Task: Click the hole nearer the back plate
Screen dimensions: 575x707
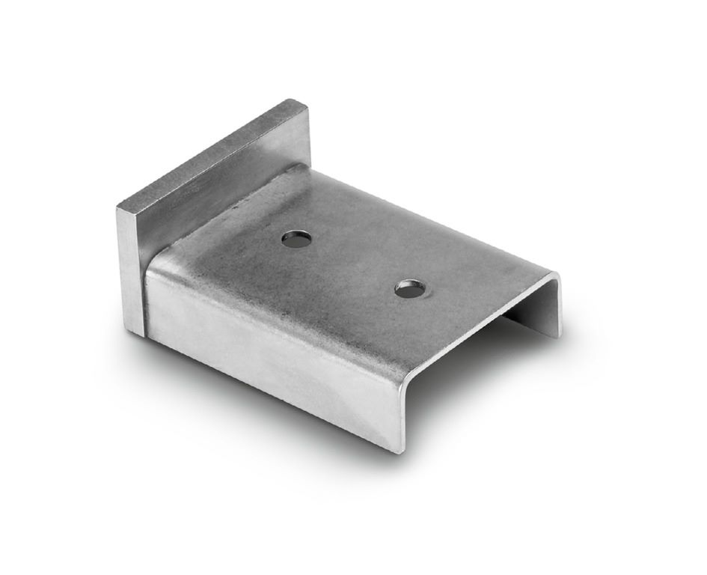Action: [297, 239]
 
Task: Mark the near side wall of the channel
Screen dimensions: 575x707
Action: [269, 352]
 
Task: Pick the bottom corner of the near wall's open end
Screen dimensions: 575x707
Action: [395, 450]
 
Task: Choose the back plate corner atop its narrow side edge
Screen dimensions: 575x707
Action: [118, 205]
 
